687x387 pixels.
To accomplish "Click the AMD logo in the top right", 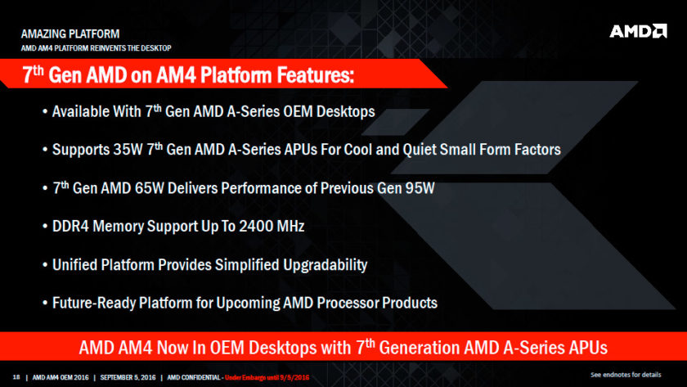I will (x=637, y=31).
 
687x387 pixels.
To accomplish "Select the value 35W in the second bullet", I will (x=131, y=150).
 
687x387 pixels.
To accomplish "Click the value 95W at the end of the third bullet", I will (x=416, y=187).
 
